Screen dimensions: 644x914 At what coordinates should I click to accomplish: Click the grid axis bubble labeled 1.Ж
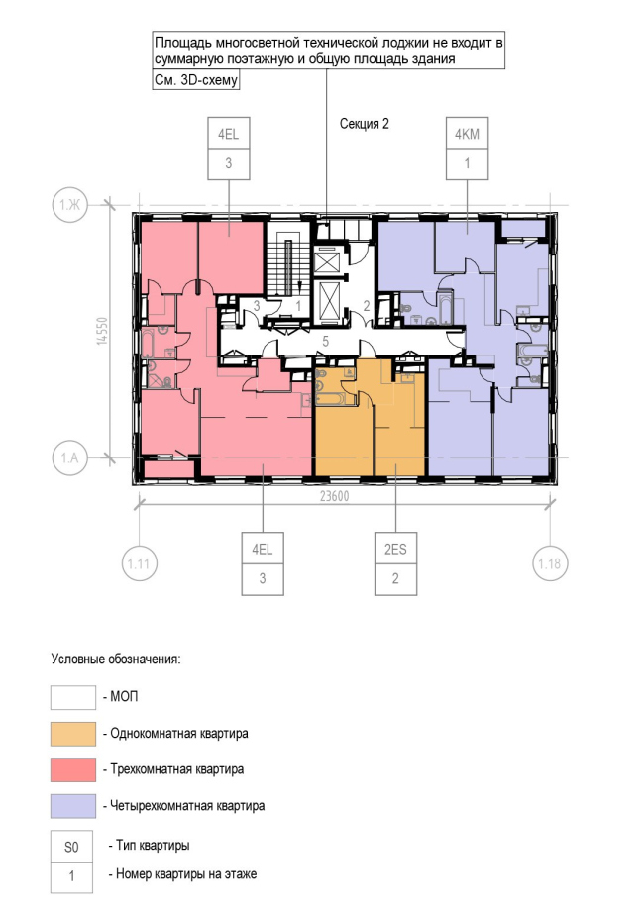pyautogui.click(x=70, y=205)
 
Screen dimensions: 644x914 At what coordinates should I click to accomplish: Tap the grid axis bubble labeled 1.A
pyautogui.click(x=70, y=457)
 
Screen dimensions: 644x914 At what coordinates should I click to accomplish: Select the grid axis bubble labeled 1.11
pyautogui.click(x=139, y=563)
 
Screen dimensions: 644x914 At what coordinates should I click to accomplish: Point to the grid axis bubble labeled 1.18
pyautogui.click(x=550, y=563)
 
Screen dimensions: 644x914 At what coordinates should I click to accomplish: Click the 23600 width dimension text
pyautogui.click(x=334, y=496)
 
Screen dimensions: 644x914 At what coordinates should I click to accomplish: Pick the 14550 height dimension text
pyautogui.click(x=103, y=331)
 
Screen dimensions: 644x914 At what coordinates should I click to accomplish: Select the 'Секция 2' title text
pyautogui.click(x=364, y=124)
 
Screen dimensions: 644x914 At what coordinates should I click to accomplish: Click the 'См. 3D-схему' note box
pyautogui.click(x=196, y=80)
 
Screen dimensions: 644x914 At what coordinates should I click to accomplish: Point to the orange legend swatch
pyautogui.click(x=73, y=734)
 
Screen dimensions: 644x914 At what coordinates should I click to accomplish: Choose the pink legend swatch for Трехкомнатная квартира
pyautogui.click(x=73, y=770)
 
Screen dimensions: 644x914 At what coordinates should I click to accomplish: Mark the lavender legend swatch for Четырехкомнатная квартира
pyautogui.click(x=73, y=806)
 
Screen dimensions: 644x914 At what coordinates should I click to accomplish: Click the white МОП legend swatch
pyautogui.click(x=73, y=698)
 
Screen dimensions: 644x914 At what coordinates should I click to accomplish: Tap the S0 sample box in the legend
pyautogui.click(x=71, y=847)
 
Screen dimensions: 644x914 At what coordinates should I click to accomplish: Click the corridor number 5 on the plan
pyautogui.click(x=326, y=341)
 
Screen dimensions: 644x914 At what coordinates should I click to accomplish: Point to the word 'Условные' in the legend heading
pyautogui.click(x=77, y=660)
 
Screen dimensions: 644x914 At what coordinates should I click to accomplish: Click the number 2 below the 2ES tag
pyautogui.click(x=395, y=579)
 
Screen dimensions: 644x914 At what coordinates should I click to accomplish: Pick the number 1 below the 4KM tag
pyautogui.click(x=467, y=163)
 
